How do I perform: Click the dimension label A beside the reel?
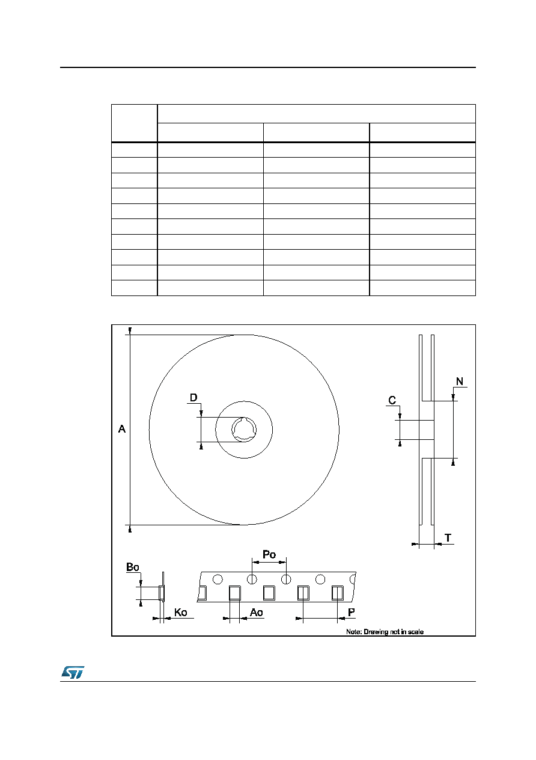pyautogui.click(x=121, y=429)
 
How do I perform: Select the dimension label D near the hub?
pyautogui.click(x=193, y=397)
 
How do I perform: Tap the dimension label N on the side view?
pyautogui.click(x=460, y=382)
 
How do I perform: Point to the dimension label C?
pyautogui.click(x=392, y=400)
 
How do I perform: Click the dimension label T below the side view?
pyautogui.click(x=448, y=538)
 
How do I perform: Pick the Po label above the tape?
pyautogui.click(x=269, y=554)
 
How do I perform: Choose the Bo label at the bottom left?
pyautogui.click(x=132, y=567)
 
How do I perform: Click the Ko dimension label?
pyautogui.click(x=181, y=613)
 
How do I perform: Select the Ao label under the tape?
pyautogui.click(x=256, y=613)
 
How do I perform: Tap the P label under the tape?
pyautogui.click(x=352, y=613)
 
